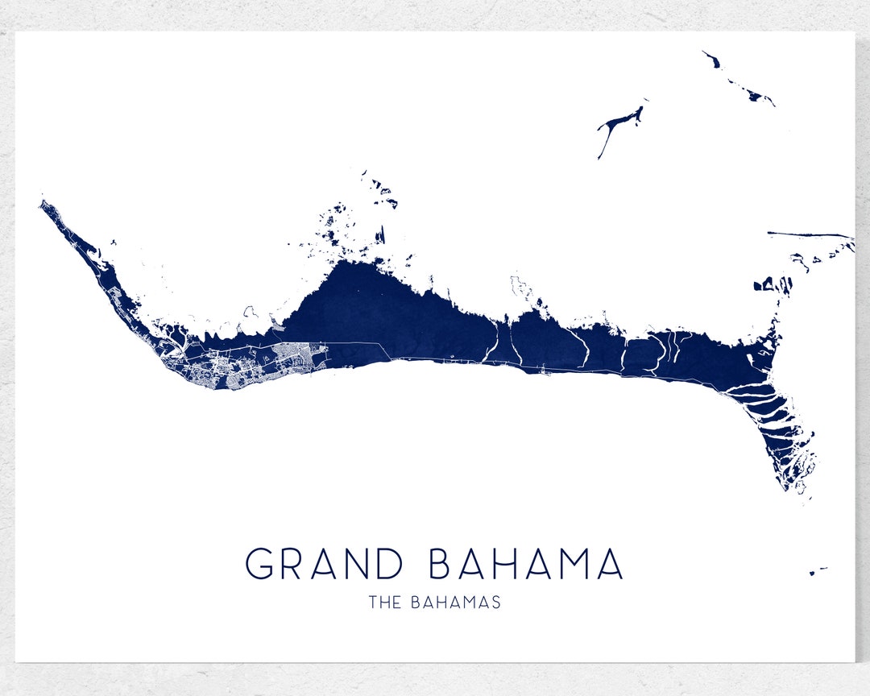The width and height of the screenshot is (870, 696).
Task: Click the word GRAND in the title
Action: pos(324,564)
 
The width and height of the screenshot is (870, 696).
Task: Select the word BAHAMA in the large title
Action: pos(525,564)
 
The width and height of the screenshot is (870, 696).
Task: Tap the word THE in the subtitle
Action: pos(383,602)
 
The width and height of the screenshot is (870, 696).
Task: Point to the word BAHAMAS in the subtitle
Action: pos(455,602)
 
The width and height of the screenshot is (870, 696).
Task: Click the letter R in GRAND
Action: pos(293,564)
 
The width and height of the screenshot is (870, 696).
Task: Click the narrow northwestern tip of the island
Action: pos(43,205)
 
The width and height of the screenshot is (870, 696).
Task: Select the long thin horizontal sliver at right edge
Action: pos(810,234)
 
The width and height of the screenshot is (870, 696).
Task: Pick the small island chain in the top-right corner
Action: pos(737,81)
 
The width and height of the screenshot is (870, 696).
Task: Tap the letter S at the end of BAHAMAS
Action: pos(495,602)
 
